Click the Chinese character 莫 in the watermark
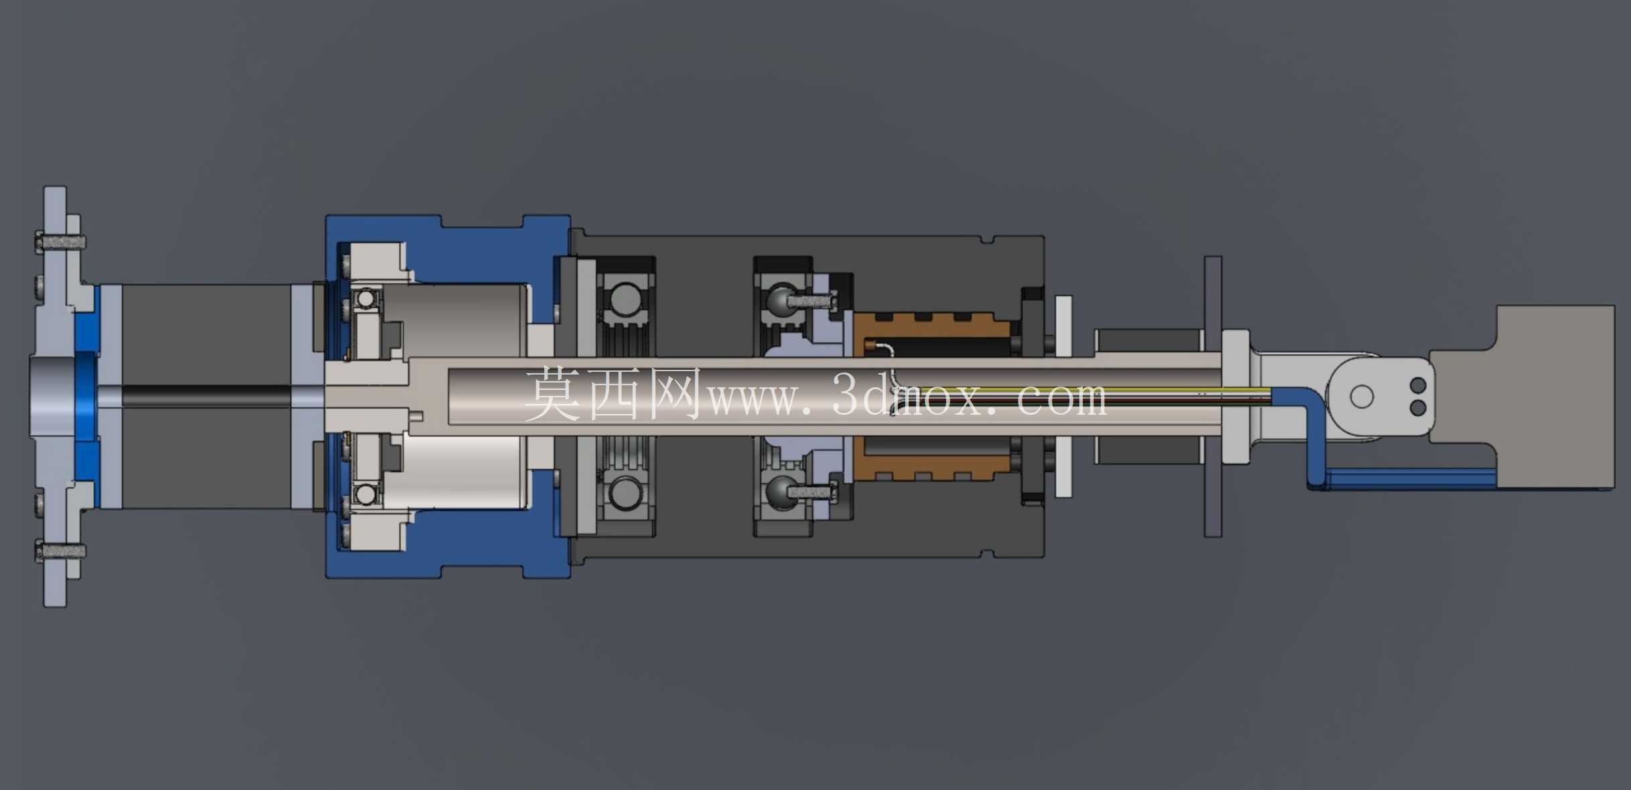click(553, 394)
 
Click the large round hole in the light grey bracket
click(1362, 396)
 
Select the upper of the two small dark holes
click(1418, 385)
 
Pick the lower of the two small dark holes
click(1418, 407)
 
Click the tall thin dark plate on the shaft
click(1213, 396)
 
